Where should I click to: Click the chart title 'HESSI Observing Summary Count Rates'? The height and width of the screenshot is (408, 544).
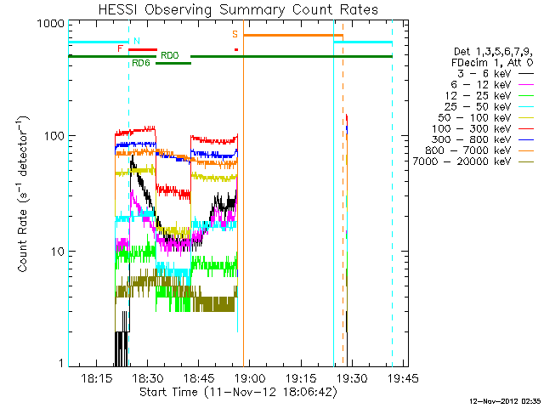(x=238, y=9)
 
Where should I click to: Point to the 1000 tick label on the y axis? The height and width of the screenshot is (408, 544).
(x=51, y=24)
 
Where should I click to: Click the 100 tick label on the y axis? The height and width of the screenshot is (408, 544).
(x=54, y=136)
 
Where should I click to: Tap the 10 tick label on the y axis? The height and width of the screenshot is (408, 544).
(x=59, y=252)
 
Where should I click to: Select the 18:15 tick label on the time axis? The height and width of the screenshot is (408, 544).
(x=97, y=378)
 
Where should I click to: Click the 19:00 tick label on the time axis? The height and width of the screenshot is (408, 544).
(x=250, y=378)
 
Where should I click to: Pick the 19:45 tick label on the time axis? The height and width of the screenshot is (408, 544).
(x=403, y=378)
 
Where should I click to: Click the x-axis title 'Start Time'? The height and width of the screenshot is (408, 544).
(x=168, y=393)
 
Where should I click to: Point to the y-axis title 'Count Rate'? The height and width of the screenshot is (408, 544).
(x=23, y=240)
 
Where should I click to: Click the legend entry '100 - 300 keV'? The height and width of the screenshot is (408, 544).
(x=472, y=128)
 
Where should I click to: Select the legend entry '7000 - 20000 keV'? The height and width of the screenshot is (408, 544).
(x=462, y=161)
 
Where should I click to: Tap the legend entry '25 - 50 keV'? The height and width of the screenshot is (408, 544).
(x=478, y=107)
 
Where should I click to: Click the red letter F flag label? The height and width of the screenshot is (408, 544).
(x=120, y=48)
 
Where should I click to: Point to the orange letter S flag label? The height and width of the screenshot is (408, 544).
(x=235, y=34)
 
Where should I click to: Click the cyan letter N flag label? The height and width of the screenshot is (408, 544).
(x=137, y=41)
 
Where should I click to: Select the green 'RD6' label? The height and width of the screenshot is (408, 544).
(x=141, y=64)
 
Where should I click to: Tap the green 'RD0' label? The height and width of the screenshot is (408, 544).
(x=170, y=55)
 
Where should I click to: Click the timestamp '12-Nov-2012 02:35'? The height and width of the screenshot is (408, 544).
(x=505, y=401)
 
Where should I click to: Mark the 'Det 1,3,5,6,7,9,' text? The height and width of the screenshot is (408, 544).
(x=493, y=52)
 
